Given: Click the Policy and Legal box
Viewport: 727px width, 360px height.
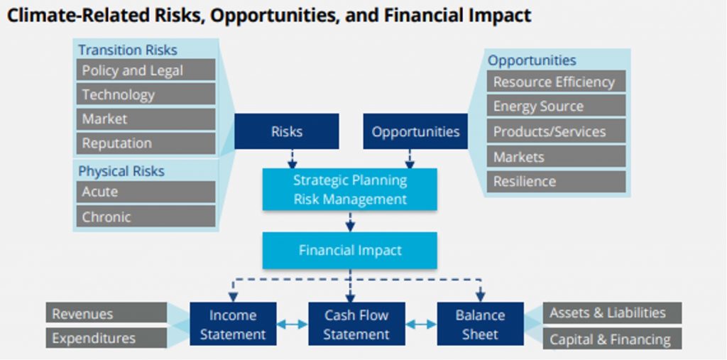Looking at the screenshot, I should (146, 70).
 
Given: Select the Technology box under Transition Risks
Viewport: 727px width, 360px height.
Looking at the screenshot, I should (146, 94).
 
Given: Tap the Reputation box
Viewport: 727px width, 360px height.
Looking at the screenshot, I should (146, 143).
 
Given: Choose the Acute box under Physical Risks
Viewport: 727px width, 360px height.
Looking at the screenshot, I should (146, 192).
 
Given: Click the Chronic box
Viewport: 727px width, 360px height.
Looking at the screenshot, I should (146, 217).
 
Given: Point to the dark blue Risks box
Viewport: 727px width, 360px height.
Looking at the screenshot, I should (286, 131).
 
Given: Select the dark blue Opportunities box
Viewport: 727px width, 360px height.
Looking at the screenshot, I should (415, 131).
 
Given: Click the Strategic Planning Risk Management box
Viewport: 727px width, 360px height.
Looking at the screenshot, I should (350, 190).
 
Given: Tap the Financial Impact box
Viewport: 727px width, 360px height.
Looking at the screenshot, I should (350, 251).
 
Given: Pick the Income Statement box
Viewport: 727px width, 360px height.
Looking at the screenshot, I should (233, 324).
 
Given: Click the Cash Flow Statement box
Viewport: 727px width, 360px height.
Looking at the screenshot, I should (356, 324).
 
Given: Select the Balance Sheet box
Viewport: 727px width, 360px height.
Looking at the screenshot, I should (480, 324).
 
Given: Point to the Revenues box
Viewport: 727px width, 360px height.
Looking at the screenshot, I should (107, 314).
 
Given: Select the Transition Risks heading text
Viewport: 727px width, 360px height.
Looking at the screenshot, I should (128, 50).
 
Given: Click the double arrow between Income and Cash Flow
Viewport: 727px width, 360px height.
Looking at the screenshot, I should (292, 324).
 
